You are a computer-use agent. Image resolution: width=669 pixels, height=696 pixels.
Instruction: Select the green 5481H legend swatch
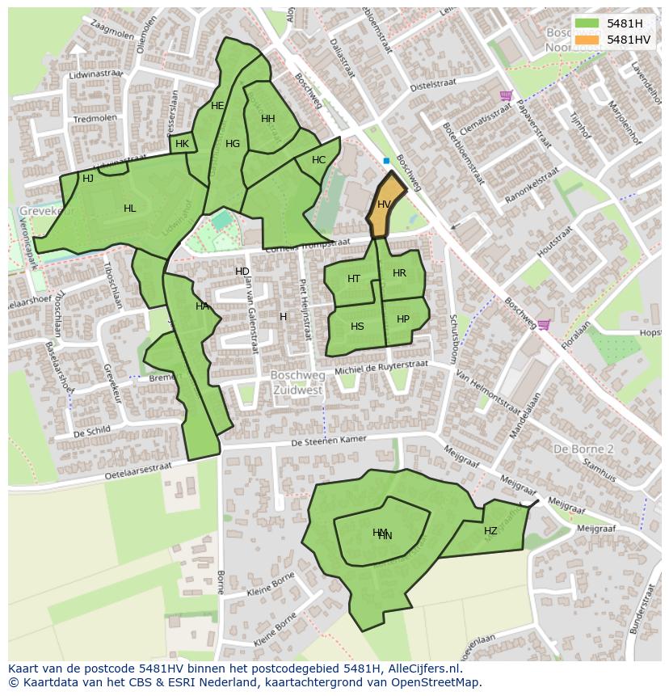coord(587,23)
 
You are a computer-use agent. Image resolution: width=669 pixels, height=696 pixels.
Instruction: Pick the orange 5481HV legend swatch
coord(587,40)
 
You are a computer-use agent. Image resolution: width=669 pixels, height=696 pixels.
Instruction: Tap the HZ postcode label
coord(490,531)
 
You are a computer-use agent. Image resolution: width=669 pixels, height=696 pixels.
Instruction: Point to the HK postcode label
coord(182,144)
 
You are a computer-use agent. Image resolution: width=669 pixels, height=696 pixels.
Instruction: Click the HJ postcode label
coord(88,178)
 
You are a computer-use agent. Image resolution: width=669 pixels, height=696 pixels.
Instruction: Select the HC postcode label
coord(318,160)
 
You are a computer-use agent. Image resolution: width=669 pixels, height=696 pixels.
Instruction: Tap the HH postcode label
coord(268,119)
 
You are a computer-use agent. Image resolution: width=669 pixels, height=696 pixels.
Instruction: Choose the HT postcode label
coord(354,279)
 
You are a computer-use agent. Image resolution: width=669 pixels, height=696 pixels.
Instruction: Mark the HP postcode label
coord(403,319)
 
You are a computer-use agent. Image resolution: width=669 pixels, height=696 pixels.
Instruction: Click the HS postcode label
coord(357,327)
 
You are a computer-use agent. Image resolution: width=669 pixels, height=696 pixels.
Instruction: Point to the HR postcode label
coord(399,273)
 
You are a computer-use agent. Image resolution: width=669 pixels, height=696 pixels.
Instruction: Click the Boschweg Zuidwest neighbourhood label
coord(297,382)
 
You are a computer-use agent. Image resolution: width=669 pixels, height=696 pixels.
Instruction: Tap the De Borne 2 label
coord(583,449)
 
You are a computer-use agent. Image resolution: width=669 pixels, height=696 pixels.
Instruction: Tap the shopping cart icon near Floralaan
coord(544,325)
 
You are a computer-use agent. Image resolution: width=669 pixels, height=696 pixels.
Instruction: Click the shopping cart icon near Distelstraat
coord(506,95)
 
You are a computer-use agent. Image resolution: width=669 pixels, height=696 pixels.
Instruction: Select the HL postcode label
coord(129,209)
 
